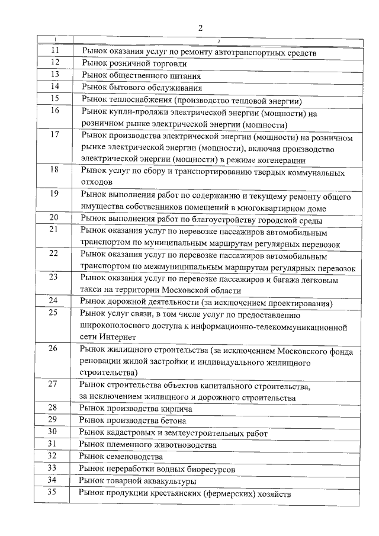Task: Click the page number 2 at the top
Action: (x=201, y=28)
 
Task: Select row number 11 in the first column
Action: (x=54, y=52)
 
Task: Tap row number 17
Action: (x=54, y=134)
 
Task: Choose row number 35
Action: (x=54, y=493)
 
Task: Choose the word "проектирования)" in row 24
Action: (x=298, y=303)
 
